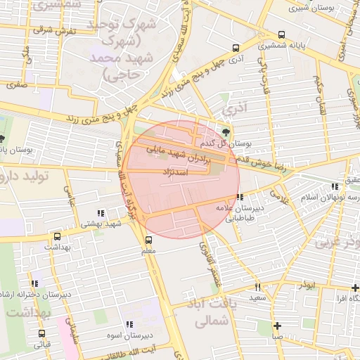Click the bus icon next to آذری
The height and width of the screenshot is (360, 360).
[235, 49]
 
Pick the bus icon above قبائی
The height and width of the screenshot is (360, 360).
[42, 333]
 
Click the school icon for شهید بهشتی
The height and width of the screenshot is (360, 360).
[101, 212]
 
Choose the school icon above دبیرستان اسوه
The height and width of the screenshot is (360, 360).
[129, 324]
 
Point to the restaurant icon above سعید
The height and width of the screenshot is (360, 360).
[257, 287]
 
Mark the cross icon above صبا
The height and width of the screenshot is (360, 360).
[278, 326]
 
